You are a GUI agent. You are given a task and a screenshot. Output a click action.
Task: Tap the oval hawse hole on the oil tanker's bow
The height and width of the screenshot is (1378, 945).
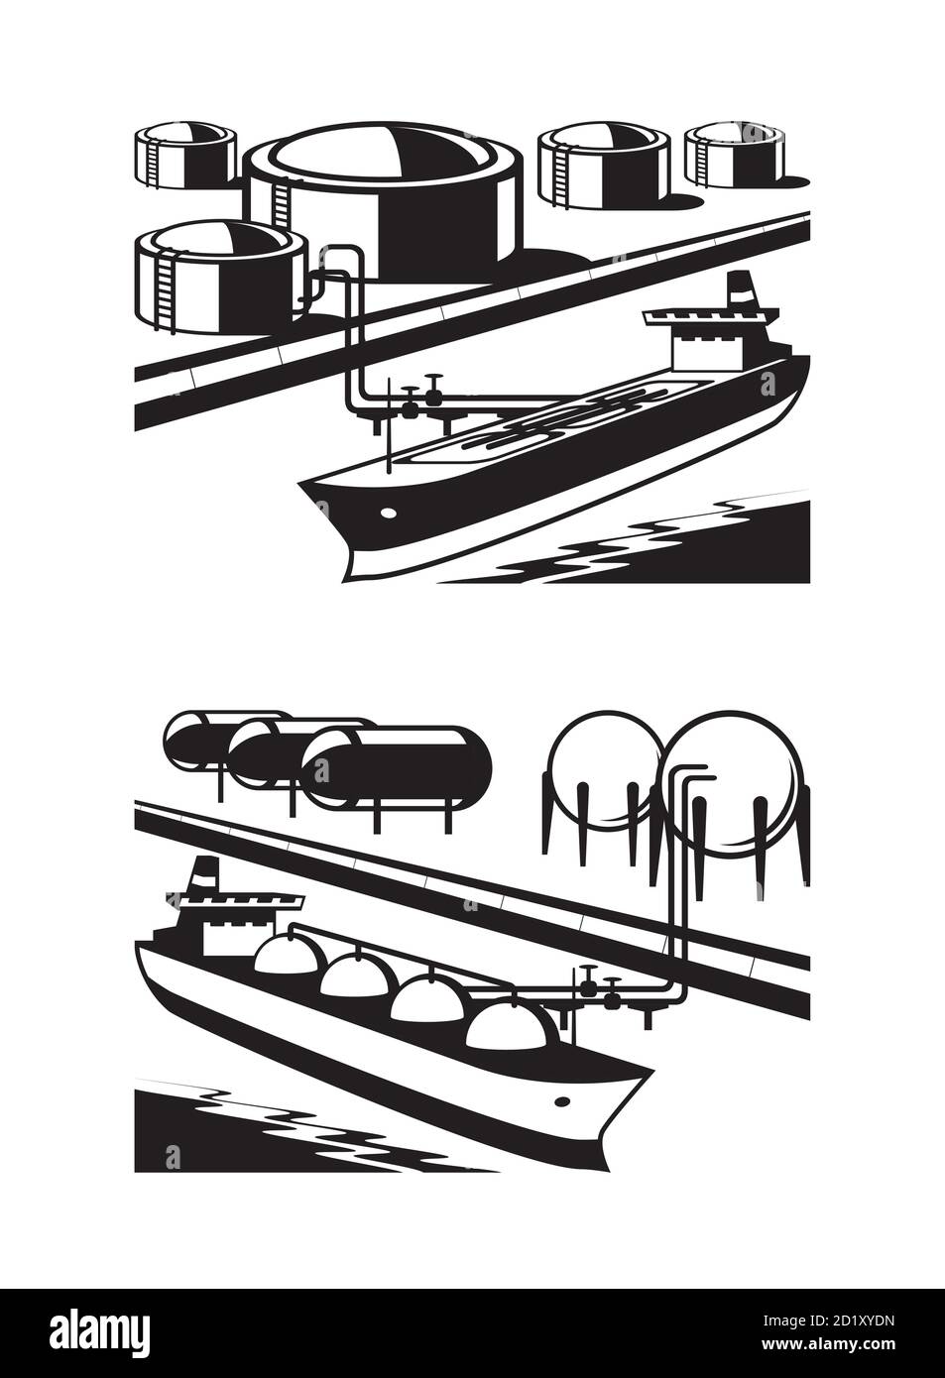coord(388,513)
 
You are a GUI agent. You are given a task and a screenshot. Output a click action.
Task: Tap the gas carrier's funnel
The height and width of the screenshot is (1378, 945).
coord(203,876)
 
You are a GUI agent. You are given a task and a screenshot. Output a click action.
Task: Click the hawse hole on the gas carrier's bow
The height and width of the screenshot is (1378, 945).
coord(564,1100)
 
